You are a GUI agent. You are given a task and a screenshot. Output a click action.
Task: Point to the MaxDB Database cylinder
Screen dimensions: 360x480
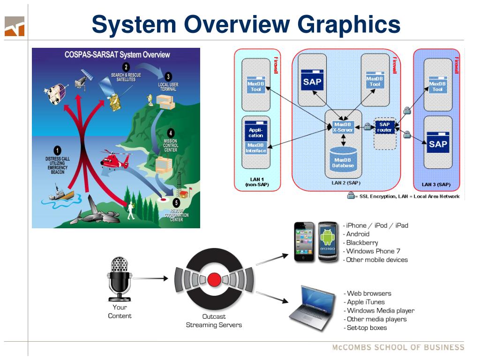343,159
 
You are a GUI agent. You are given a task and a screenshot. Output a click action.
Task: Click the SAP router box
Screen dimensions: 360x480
384,127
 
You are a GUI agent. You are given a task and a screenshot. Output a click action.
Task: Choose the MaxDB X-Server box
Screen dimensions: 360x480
343,127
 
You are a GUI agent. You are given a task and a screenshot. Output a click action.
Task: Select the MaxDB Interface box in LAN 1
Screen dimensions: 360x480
256,148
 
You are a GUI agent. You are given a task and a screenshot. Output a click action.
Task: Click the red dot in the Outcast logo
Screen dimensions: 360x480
214,279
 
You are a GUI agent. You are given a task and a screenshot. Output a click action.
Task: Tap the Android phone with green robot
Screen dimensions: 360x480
328,241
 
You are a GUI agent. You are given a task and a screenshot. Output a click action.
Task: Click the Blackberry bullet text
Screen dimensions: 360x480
362,243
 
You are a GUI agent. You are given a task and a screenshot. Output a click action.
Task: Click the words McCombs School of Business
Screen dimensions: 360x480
398,347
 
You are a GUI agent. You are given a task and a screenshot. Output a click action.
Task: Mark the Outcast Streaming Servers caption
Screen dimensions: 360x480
214,321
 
